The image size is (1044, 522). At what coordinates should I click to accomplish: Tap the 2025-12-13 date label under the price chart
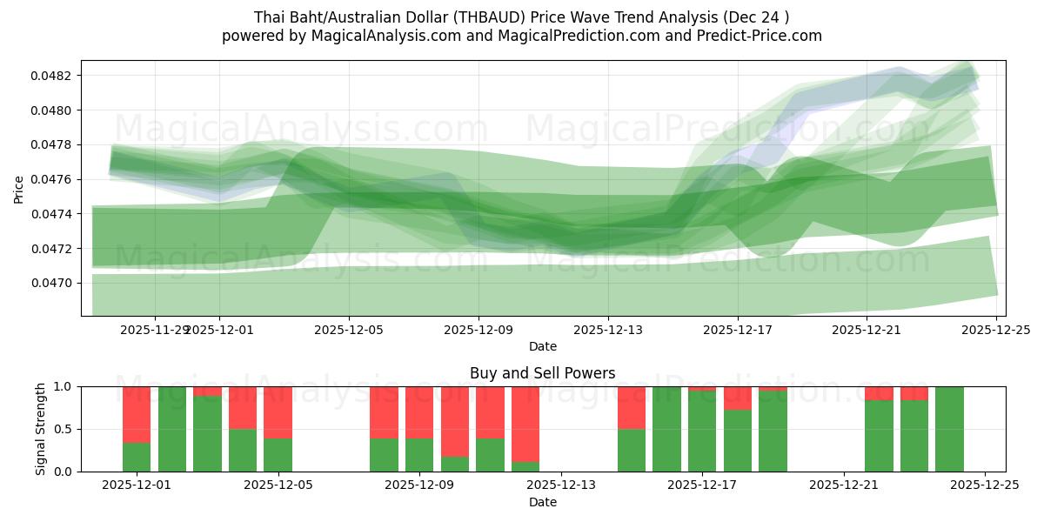607,330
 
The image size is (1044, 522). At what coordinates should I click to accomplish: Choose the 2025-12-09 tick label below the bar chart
419,484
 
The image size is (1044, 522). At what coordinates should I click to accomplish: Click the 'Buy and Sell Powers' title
542,373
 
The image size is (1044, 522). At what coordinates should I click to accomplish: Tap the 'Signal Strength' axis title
41,429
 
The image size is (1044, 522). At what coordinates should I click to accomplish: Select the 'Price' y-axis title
19,189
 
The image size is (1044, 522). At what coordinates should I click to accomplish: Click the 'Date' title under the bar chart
542,502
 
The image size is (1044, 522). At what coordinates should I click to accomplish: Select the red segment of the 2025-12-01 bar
136,414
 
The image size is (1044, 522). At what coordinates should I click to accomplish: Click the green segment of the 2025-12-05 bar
278,454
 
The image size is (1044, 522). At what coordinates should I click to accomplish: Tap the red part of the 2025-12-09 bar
419,412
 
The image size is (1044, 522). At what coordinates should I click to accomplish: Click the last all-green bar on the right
949,429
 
